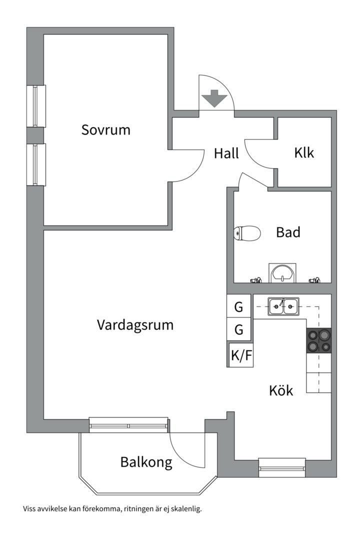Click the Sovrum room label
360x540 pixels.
pos(105,130)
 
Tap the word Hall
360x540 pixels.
pos(226,153)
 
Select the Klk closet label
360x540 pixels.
pos(304,152)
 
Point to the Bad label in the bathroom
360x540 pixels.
pos(288,232)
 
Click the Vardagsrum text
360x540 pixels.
pos(135,325)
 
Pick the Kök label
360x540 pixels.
pos(280,390)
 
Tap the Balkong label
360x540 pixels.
pos(146,462)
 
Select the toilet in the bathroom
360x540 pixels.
pos(247,233)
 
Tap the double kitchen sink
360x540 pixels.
pos(283,306)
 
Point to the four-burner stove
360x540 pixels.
pos(318,341)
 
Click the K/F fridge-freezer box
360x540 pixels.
pos(241,355)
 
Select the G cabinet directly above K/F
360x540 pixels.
pos(239,330)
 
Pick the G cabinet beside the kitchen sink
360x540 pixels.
pos(239,306)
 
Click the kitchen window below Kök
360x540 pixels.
pos(282,467)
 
